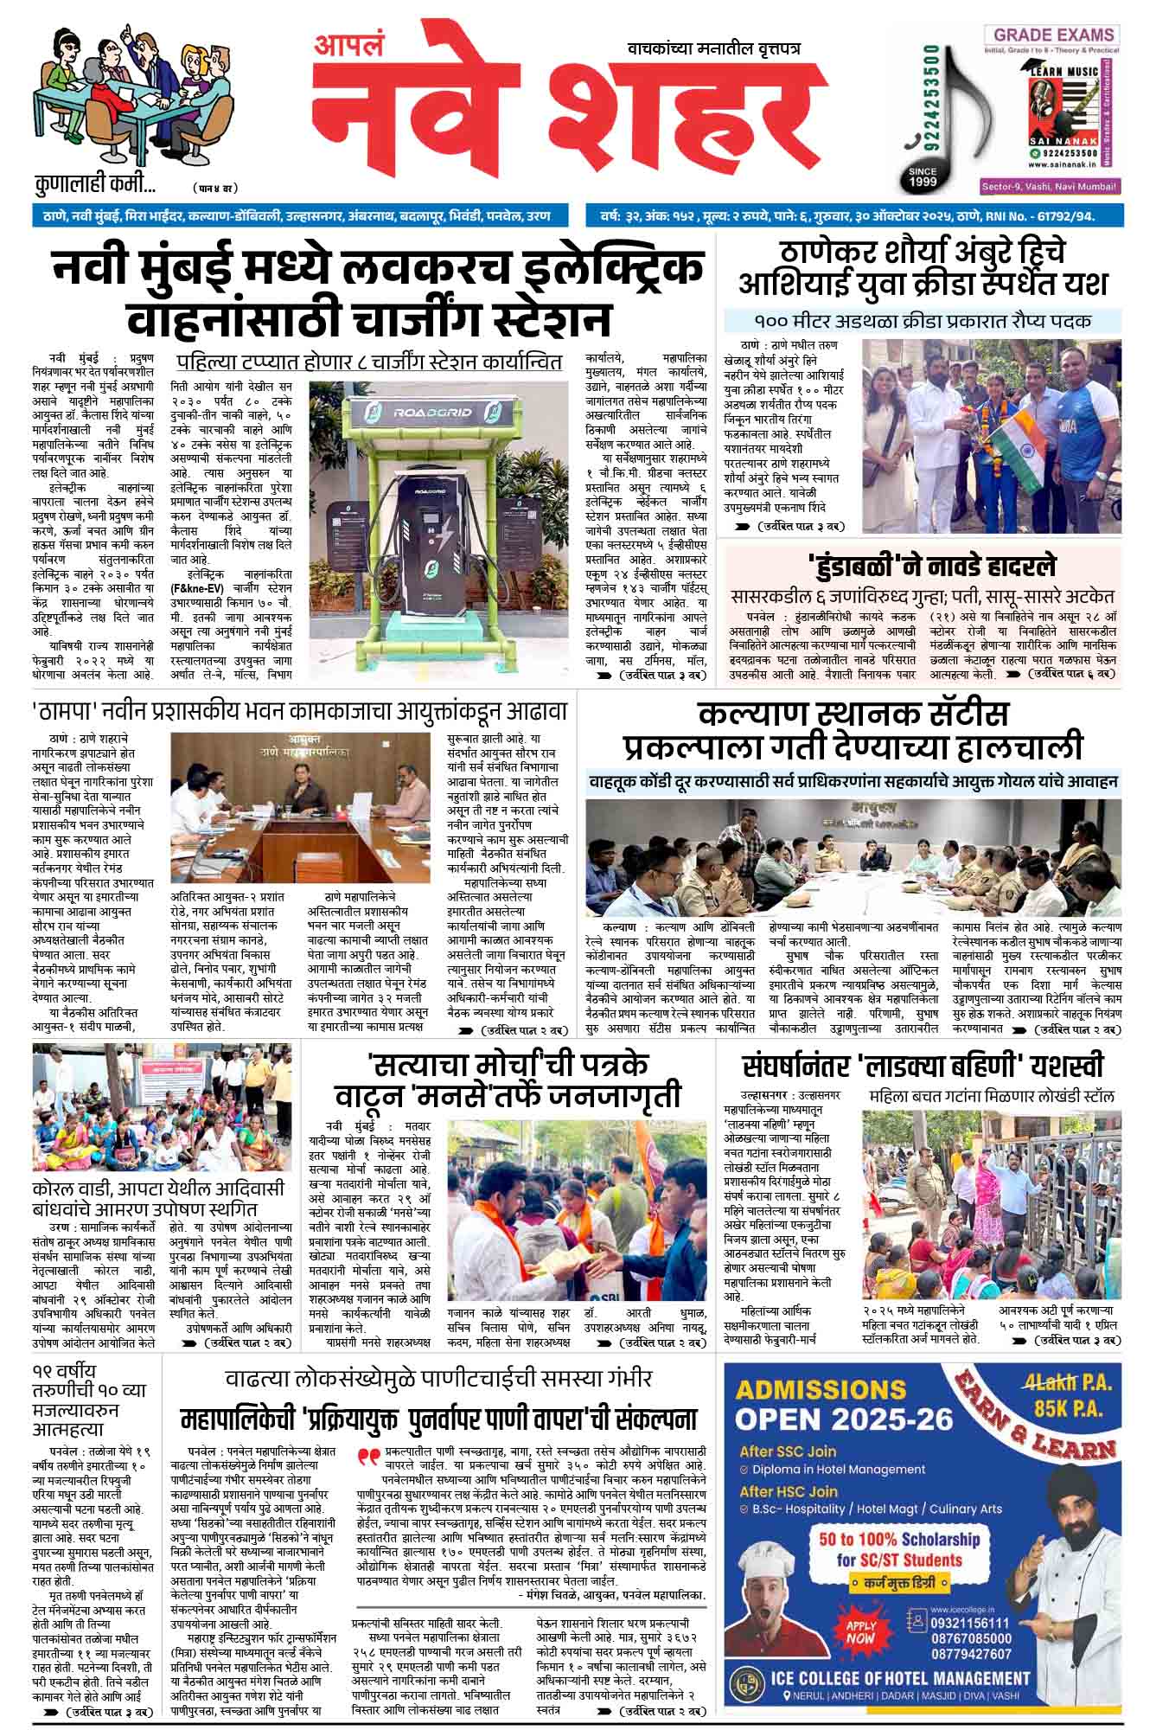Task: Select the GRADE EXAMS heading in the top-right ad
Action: pyautogui.click(x=1053, y=35)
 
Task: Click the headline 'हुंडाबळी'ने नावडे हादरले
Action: pyautogui.click(x=922, y=567)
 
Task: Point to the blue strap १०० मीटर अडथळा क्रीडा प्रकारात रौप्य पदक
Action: pyautogui.click(x=922, y=321)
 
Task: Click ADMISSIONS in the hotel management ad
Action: pyautogui.click(x=821, y=1389)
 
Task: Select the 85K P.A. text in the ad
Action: pyautogui.click(x=1070, y=1408)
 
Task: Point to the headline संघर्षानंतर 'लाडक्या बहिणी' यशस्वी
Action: pyautogui.click(x=922, y=1066)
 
